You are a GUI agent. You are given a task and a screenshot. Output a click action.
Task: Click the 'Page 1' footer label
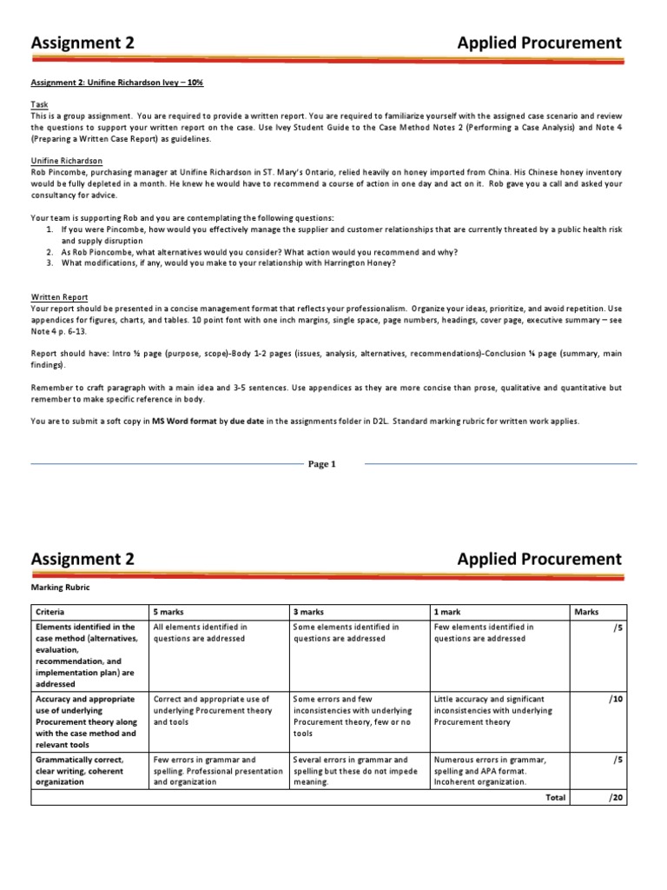(x=321, y=464)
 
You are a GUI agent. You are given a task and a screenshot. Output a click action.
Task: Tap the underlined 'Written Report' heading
(x=59, y=296)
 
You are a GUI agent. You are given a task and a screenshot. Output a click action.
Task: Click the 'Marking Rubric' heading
(x=61, y=587)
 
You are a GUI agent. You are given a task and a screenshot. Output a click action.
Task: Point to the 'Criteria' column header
(x=50, y=612)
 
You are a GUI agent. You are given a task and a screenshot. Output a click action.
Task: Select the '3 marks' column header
(x=309, y=612)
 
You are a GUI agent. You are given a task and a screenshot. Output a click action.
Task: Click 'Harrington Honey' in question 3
(x=359, y=263)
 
